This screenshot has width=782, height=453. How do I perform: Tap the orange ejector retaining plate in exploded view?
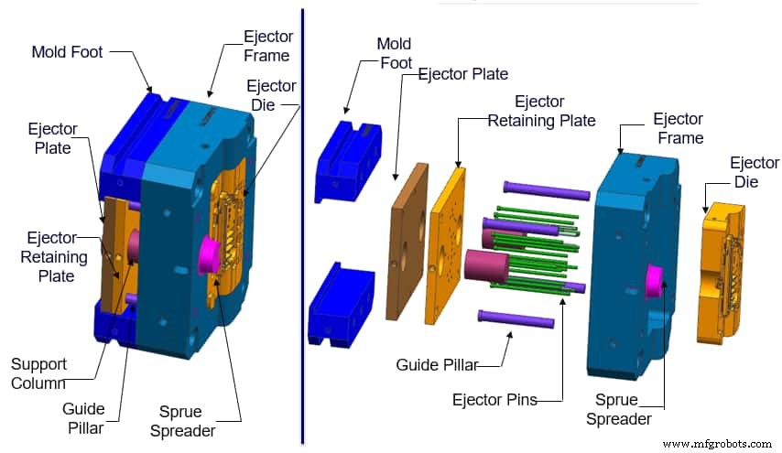pos(445,245)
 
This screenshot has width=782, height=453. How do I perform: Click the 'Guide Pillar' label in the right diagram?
pos(437,365)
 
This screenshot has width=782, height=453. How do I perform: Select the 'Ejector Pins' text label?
pos(494,400)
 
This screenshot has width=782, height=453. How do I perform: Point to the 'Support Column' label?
pos(38,373)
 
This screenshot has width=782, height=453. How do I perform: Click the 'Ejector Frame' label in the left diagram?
pos(266,46)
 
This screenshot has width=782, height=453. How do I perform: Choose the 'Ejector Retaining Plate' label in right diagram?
pos(541,111)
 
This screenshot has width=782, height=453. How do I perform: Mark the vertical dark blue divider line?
pos(302,229)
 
